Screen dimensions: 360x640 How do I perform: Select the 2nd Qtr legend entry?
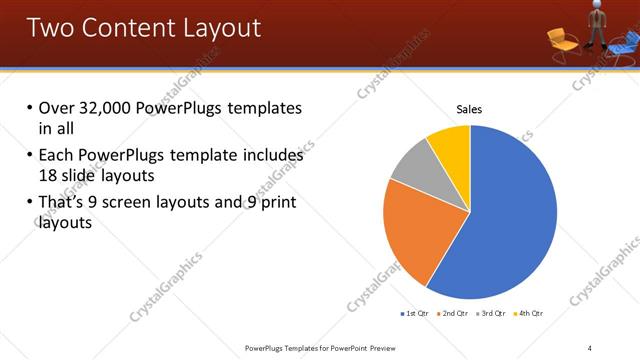[x=454, y=314]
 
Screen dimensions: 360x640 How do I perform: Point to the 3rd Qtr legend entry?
[x=493, y=314]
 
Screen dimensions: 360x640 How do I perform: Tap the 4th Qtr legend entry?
[x=530, y=314]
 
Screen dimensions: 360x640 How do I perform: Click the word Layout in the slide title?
[x=217, y=27]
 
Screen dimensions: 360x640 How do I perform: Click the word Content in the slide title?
[x=128, y=27]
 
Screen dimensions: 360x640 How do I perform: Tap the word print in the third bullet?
[x=276, y=203]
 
